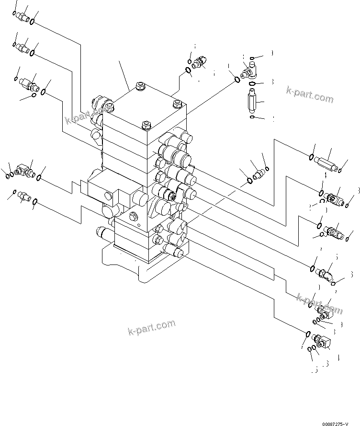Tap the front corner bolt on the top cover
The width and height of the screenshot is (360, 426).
point(146,127)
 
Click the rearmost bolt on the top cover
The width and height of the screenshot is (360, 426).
point(140,87)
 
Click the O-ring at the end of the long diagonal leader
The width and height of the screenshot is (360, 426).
point(237,80)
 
